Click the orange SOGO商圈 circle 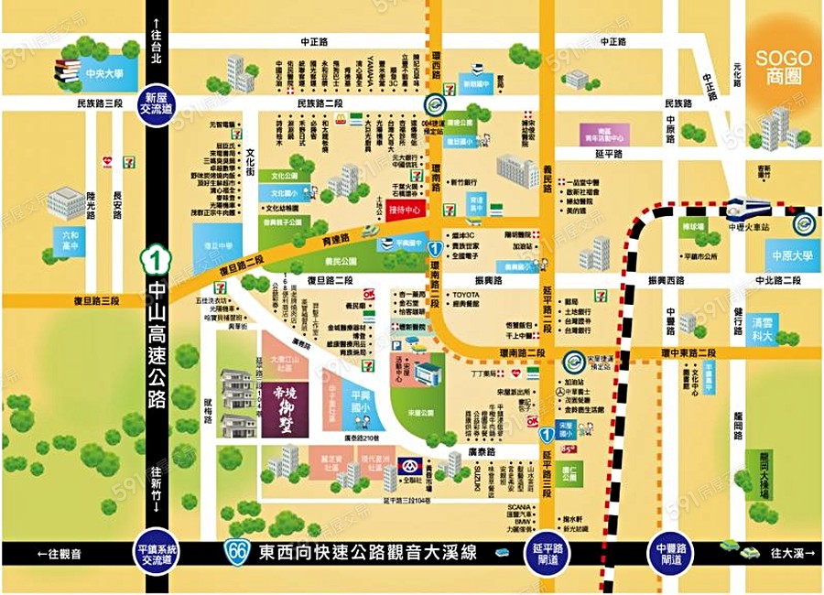click(784, 66)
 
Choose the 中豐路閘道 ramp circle click(672, 554)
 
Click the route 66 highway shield click(237, 553)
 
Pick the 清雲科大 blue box click(762, 329)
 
